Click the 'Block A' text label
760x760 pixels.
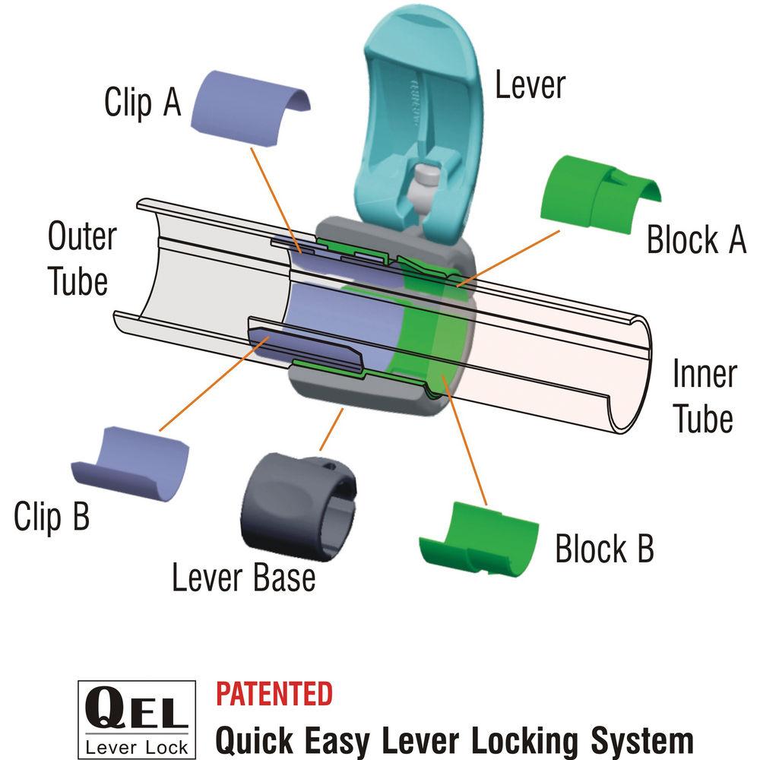(695, 239)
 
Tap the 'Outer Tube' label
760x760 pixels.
(81, 258)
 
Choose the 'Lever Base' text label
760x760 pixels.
(243, 578)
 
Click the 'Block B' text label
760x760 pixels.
(604, 549)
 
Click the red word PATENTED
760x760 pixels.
(274, 693)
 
